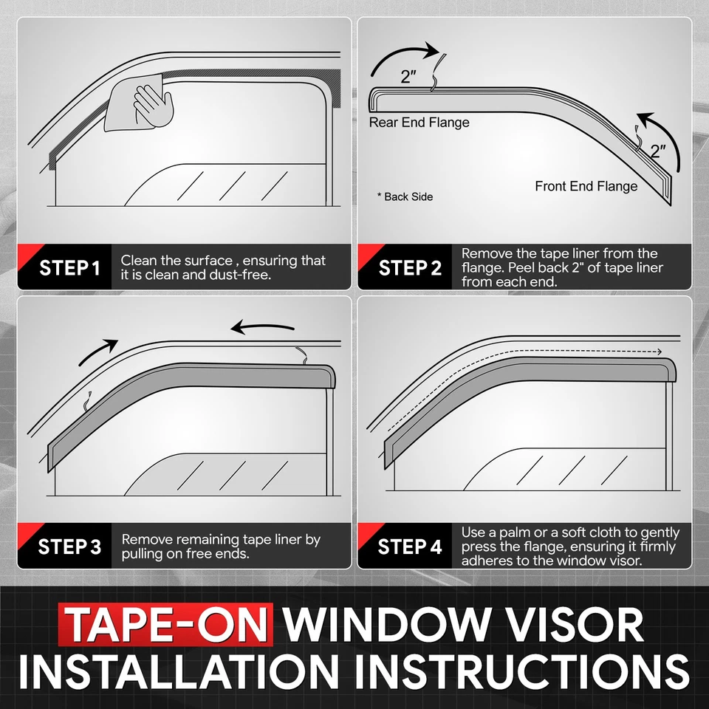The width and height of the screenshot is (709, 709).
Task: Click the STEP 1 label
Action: [x=69, y=267]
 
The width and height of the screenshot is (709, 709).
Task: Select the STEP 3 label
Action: [x=69, y=547]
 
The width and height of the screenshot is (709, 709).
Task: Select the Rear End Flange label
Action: [x=419, y=123]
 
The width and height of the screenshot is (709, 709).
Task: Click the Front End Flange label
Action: [x=586, y=186]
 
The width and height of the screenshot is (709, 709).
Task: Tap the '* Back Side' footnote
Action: [x=405, y=196]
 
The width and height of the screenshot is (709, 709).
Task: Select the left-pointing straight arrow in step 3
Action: [x=261, y=326]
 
